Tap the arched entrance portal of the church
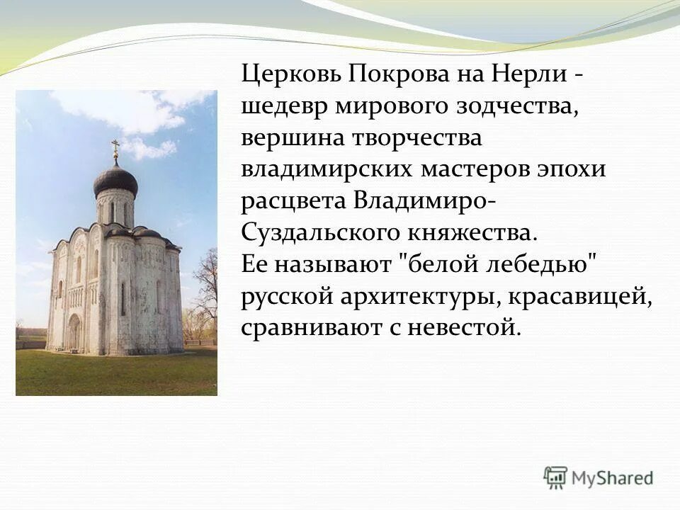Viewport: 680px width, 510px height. [74, 333]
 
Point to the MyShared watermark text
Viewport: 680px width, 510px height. [613, 478]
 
